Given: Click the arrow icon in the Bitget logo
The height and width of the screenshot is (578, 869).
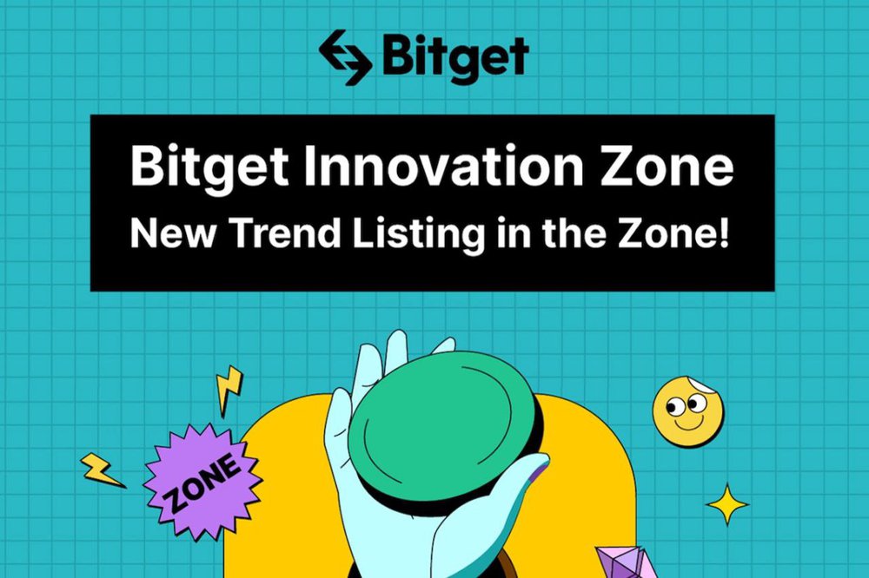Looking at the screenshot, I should click(x=346, y=57).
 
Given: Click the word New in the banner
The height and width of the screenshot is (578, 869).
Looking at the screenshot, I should click(x=165, y=233).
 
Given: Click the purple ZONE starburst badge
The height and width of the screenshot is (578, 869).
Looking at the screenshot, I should click(x=202, y=478).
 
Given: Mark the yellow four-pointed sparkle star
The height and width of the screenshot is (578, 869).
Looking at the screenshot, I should click(x=728, y=505).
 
